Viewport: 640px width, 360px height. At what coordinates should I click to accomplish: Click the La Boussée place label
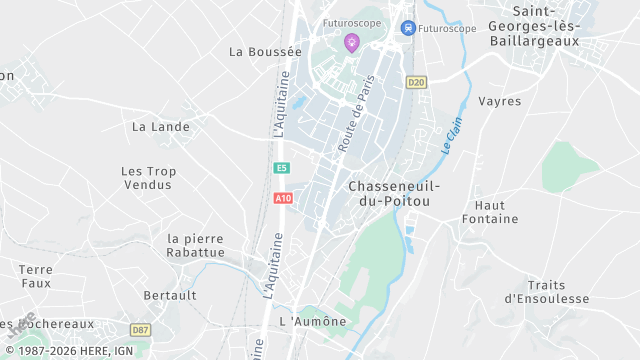coord(265,51)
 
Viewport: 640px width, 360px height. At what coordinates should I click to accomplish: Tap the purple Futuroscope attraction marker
coord(351,42)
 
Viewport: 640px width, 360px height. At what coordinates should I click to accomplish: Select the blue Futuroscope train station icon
coord(407,28)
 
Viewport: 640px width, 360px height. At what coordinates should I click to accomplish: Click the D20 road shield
coord(416,81)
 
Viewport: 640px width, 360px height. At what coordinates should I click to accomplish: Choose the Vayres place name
coord(500,101)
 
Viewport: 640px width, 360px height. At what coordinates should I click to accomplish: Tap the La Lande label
coord(154,127)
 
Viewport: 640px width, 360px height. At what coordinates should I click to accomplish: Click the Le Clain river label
coord(452,135)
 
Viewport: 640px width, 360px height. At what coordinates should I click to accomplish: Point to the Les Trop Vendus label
coord(148,178)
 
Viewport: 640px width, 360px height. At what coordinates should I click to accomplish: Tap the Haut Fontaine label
coord(490,211)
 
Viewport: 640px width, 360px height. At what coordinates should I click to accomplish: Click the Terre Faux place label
coord(35,276)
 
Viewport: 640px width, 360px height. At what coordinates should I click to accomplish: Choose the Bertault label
coord(170,296)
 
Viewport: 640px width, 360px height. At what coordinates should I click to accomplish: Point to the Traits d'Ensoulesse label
coord(546,291)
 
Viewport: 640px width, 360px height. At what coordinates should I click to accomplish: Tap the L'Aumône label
coord(313,321)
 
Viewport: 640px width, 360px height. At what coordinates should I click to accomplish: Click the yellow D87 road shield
coord(140,329)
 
